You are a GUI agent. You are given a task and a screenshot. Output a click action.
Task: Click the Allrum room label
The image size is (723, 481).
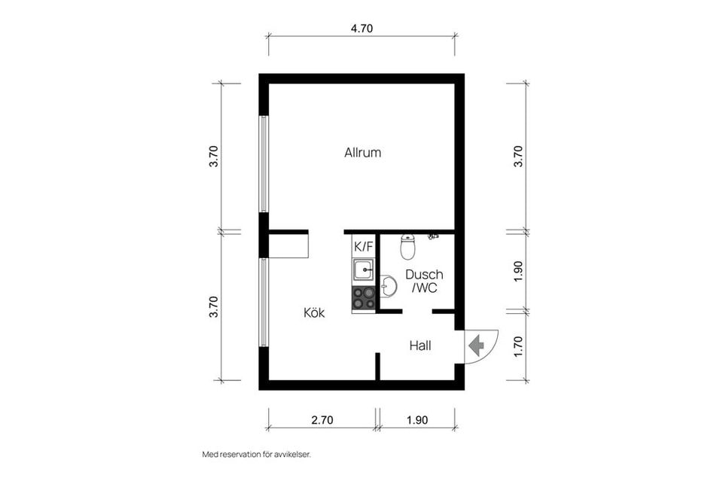point(362,153)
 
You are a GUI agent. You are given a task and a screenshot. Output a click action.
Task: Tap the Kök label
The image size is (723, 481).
point(314,313)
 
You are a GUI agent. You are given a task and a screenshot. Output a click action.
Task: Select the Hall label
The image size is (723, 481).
point(420,346)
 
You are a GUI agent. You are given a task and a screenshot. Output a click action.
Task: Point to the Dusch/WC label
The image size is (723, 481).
point(424,281)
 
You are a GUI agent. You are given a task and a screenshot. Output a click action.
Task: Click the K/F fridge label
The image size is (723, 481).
point(363,247)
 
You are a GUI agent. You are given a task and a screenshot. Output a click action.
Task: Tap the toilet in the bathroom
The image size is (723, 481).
point(407,246)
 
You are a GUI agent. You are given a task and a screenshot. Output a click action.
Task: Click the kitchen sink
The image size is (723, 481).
point(363,269)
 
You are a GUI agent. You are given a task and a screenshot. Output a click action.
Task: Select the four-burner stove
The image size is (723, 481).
point(363,297)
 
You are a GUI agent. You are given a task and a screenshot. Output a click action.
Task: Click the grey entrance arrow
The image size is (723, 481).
point(476,346)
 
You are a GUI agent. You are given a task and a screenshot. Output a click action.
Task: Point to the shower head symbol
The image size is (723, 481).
point(432,236)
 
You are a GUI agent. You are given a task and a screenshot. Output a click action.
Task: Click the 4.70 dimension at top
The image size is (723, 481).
point(362,29)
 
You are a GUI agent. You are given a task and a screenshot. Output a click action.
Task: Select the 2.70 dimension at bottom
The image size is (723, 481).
point(322,420)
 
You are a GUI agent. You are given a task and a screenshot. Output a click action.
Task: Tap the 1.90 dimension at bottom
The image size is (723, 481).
point(416,420)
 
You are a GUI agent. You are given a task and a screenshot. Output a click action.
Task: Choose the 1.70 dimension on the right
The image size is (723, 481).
point(519,346)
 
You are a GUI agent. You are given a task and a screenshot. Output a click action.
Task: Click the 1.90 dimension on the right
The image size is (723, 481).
point(519,272)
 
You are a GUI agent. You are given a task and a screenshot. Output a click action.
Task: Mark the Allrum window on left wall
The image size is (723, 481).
point(264,164)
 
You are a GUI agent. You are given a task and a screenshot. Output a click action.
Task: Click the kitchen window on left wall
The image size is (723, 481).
point(264,303)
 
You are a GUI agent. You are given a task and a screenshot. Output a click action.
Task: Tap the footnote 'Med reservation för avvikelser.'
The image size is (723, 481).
point(257,455)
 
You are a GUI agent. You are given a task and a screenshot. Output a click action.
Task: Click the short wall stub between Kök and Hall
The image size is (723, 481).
point(377,367)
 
